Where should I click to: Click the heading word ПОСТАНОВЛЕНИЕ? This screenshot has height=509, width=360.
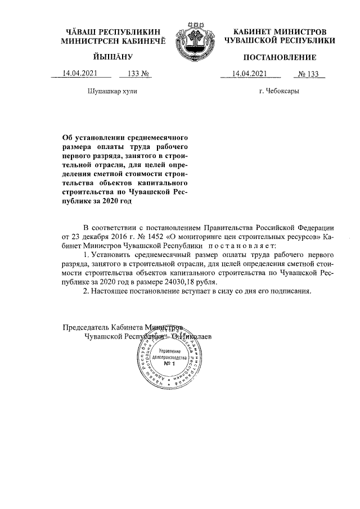280,57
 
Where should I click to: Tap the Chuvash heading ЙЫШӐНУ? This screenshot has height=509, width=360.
111,57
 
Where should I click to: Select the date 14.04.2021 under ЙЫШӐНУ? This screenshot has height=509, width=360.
81,74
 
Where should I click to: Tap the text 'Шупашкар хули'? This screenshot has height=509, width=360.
112,91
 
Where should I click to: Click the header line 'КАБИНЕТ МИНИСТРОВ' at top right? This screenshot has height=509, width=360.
280,31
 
